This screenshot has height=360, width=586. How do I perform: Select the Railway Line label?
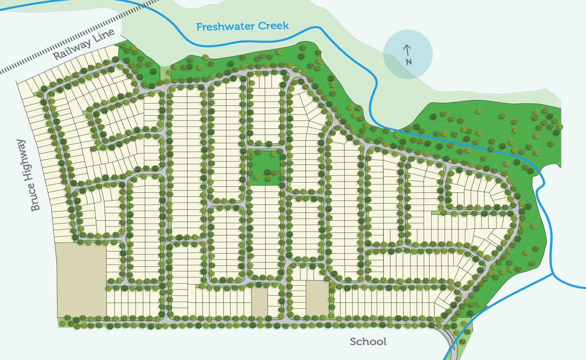(84, 45)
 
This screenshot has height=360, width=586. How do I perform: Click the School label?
(368, 341)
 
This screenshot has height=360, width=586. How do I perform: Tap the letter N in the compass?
(409, 62)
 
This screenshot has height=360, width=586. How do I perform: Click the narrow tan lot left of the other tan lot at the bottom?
(259, 301)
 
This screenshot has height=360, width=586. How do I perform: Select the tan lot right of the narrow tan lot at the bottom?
(317, 298)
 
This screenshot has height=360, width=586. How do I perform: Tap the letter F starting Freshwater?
(199, 27)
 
